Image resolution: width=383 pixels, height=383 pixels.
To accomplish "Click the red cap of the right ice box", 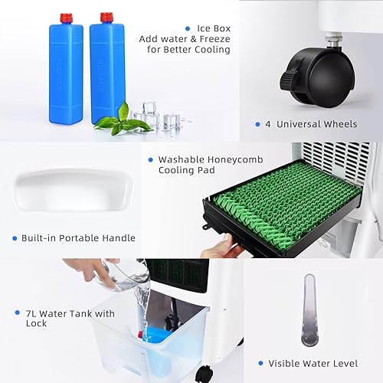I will (x=106, y=17).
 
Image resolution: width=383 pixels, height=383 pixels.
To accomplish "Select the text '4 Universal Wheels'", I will (x=316, y=124).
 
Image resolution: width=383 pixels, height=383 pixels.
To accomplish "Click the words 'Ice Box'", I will (x=214, y=28).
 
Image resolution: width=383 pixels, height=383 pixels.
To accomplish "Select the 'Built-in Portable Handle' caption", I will (x=79, y=238).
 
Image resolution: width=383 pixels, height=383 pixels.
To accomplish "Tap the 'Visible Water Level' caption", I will (x=318, y=363).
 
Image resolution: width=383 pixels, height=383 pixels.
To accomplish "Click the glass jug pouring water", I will (x=123, y=276).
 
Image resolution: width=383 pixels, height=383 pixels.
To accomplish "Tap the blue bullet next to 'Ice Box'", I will (x=188, y=28).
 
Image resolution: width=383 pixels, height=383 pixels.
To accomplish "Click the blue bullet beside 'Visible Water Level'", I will (x=260, y=363).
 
